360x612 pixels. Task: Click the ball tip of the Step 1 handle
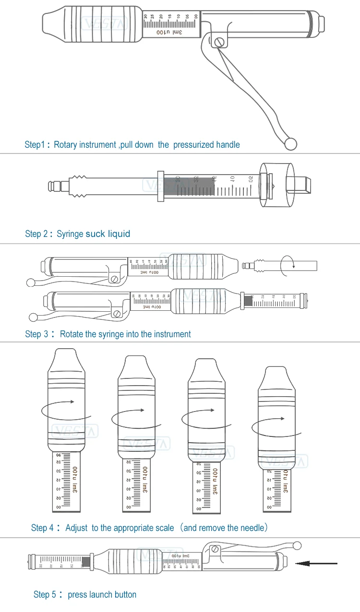(x=290, y=143)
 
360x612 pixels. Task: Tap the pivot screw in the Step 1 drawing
(x=219, y=42)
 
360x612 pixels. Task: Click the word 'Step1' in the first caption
(x=35, y=144)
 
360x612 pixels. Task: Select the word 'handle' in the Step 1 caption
(x=228, y=144)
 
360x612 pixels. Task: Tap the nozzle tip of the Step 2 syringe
(x=51, y=185)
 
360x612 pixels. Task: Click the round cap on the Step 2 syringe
(x=276, y=185)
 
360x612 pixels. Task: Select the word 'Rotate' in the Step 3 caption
(x=72, y=334)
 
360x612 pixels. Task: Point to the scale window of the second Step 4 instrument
(x=137, y=485)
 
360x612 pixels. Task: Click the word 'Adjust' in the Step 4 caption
(x=76, y=528)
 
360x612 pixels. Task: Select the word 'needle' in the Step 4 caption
(x=251, y=528)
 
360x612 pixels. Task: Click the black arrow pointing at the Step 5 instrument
(x=317, y=564)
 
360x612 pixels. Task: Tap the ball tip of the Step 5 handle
(x=297, y=545)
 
